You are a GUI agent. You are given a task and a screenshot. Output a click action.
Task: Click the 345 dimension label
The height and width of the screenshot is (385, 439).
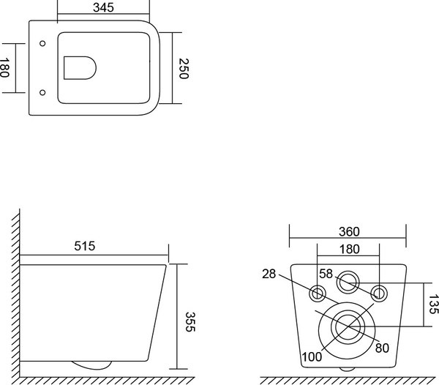[x=103, y=7]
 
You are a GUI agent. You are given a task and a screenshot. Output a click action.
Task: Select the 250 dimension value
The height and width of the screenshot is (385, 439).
[x=184, y=69]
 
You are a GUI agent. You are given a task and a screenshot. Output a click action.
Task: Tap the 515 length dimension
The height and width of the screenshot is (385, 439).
[x=85, y=246]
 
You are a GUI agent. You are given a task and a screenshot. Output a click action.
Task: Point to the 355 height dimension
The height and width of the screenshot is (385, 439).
[x=190, y=322]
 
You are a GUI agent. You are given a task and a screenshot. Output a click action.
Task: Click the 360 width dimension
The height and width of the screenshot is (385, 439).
[x=349, y=231]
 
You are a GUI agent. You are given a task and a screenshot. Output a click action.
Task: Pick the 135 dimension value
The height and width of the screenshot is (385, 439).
[x=433, y=304]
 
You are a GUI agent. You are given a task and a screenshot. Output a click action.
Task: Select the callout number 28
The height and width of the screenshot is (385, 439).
[x=269, y=274]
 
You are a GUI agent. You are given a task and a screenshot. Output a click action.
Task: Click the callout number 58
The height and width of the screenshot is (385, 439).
[x=326, y=274]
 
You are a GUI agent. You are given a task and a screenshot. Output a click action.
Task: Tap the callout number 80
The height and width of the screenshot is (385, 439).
[x=382, y=348]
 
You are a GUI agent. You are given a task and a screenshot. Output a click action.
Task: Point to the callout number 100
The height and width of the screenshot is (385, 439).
[x=312, y=356]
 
